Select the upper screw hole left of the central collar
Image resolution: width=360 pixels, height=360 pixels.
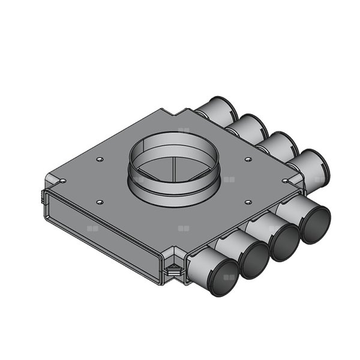point(99,160)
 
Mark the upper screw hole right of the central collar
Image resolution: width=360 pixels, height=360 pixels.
point(246,159)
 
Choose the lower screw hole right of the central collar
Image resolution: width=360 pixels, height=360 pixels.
point(247,201)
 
